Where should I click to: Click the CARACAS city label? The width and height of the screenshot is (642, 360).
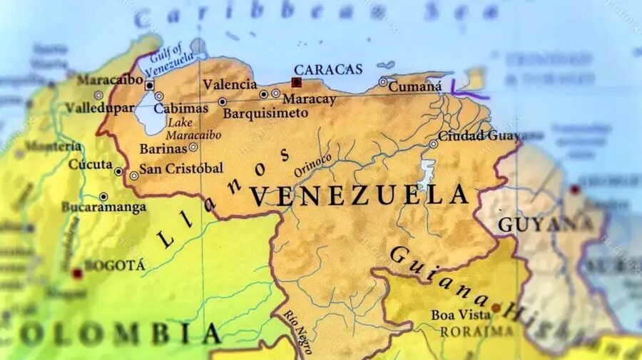click(x=328, y=69)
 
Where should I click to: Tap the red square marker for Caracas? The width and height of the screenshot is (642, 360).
click(x=296, y=82)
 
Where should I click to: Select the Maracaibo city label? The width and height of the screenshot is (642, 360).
click(x=109, y=79)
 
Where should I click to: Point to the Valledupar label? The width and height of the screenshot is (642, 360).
click(x=99, y=108)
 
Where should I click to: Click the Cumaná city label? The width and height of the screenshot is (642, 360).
click(x=416, y=86)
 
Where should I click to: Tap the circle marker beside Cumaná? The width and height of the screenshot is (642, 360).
click(x=383, y=82)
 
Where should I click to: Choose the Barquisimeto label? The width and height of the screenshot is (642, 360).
click(x=265, y=113)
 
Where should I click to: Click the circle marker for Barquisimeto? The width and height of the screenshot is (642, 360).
click(x=222, y=102)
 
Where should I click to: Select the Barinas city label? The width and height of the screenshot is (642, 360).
click(x=163, y=148)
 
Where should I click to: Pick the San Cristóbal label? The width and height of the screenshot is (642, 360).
click(x=180, y=168)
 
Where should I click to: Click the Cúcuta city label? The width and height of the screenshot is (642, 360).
click(x=91, y=165)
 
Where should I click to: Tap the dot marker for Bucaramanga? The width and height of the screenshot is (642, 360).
click(x=103, y=197)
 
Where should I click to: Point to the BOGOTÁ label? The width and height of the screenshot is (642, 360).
click(x=114, y=265)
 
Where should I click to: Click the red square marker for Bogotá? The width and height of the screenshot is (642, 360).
click(x=77, y=273)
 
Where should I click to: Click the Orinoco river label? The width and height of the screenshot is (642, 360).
click(x=312, y=165)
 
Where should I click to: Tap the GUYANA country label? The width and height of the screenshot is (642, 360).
click(x=546, y=224)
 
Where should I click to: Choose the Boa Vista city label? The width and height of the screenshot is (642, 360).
click(x=460, y=314)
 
